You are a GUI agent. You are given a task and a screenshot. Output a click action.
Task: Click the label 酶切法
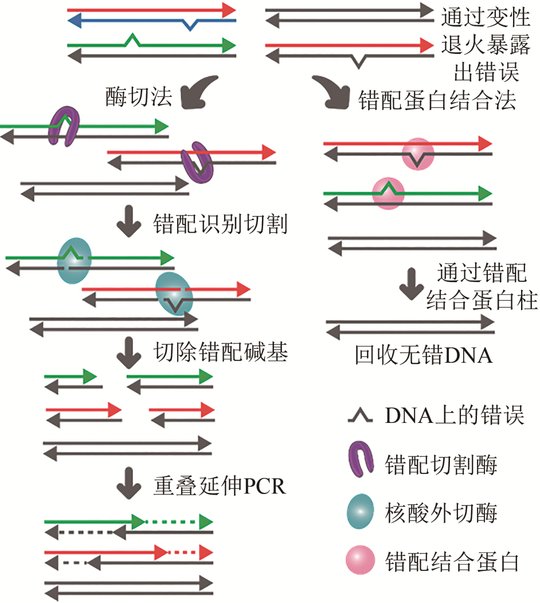pyautogui.click(x=138, y=96)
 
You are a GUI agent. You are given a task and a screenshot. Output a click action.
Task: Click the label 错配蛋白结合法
pyautogui.click(x=437, y=100)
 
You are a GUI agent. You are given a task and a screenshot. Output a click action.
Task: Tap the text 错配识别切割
pyautogui.click(x=220, y=224)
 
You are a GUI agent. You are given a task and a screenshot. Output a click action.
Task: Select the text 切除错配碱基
pyautogui.click(x=220, y=352)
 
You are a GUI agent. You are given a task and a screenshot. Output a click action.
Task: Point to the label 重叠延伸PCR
pyautogui.click(x=219, y=485)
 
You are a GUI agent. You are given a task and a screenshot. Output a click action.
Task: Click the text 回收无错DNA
pyautogui.click(x=423, y=355)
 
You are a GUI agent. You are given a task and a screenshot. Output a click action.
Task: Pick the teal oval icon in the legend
pyautogui.click(x=360, y=511)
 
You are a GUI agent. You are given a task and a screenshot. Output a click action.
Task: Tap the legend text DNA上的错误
pyautogui.click(x=454, y=415)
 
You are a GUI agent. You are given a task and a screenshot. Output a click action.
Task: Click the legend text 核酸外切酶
pyautogui.click(x=440, y=513)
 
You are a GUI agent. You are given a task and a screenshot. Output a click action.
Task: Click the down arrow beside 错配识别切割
pyautogui.click(x=129, y=221)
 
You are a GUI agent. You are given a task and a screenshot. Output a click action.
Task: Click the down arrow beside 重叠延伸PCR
pyautogui.click(x=129, y=483)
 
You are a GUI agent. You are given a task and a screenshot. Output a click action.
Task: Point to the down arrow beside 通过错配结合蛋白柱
pyautogui.click(x=411, y=284)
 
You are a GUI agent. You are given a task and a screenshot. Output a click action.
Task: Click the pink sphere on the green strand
pyautogui.click(x=388, y=193)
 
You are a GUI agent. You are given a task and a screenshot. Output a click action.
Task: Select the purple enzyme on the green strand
pyautogui.click(x=64, y=126)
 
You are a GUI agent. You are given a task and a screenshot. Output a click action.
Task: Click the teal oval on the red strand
pyautogui.click(x=173, y=293)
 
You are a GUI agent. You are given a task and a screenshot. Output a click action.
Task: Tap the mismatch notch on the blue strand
pyautogui.click(x=190, y=24)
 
